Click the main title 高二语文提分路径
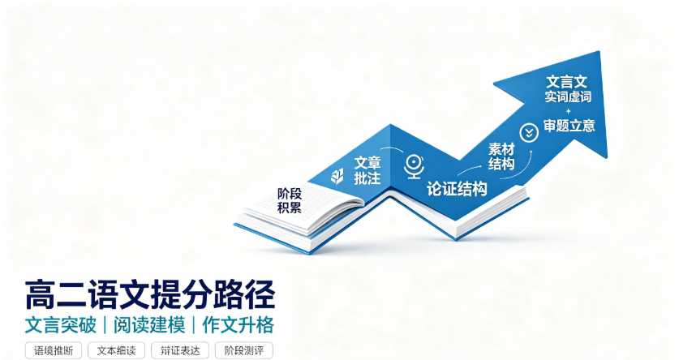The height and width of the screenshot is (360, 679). (x=150, y=295)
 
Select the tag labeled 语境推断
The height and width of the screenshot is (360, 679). (x=54, y=350)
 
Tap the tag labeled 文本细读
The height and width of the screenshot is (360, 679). (x=116, y=350)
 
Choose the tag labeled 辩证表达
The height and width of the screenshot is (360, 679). (x=180, y=350)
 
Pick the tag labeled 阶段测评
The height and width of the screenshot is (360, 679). (x=244, y=350)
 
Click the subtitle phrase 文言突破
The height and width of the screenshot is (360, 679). (x=60, y=325)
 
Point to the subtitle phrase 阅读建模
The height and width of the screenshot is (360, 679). (x=149, y=325)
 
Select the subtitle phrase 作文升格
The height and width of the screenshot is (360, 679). (x=239, y=325)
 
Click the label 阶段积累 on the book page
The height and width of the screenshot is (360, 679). (x=290, y=200)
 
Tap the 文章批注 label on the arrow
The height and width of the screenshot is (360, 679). (x=367, y=170)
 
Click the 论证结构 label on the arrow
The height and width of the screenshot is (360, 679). (x=457, y=189)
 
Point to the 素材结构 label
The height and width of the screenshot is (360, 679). (x=501, y=156)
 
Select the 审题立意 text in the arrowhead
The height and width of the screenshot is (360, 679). (x=569, y=126)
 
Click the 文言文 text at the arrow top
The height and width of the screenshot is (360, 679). (x=566, y=82)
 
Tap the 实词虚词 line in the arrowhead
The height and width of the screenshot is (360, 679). (x=568, y=96)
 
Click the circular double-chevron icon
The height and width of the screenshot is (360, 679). (x=529, y=132)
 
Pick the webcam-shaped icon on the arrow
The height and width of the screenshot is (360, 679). (x=414, y=166)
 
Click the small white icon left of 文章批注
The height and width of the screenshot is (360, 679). (x=337, y=176)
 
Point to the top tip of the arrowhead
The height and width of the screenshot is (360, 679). (x=599, y=52)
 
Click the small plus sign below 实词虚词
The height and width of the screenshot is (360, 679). (x=569, y=111)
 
